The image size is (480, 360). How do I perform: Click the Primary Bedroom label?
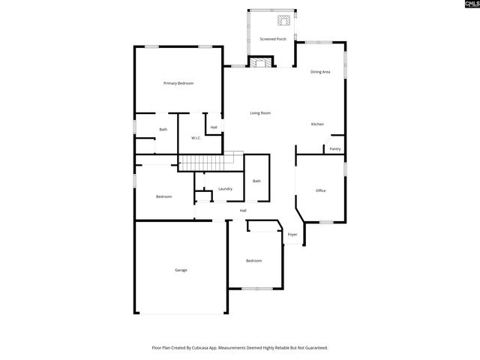[178, 83]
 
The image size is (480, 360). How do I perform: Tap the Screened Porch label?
[273, 39]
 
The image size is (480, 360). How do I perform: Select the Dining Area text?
[321, 72]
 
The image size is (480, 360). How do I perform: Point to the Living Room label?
[260, 113]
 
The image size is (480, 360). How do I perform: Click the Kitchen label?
[318, 124]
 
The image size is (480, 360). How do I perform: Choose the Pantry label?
[335, 148]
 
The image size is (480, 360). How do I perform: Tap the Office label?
[320, 190]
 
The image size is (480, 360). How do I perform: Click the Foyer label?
[292, 235]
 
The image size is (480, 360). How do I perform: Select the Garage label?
[181, 270]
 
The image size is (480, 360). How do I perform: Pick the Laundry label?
[225, 189]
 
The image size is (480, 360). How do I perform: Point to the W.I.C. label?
[195, 138]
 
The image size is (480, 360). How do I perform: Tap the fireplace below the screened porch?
[261, 63]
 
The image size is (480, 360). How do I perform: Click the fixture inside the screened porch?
[285, 21]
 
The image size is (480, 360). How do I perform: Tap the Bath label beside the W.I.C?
[163, 130]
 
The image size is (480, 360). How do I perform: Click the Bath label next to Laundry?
[256, 181]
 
